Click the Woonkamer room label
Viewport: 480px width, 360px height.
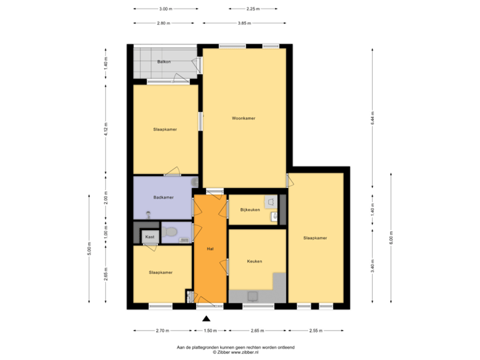244,118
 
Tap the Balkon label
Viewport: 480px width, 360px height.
164,62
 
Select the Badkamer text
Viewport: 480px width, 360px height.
163,197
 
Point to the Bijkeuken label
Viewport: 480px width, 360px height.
249,210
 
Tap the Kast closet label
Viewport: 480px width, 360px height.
150,237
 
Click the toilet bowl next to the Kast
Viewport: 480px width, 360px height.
171,233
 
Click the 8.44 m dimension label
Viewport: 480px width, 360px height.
373,118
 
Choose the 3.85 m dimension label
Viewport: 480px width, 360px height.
245,23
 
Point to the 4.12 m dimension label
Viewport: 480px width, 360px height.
105,130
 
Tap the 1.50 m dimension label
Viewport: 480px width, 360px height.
210,330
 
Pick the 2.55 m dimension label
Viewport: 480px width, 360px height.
315,330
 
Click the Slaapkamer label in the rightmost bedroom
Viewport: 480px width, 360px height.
315,238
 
